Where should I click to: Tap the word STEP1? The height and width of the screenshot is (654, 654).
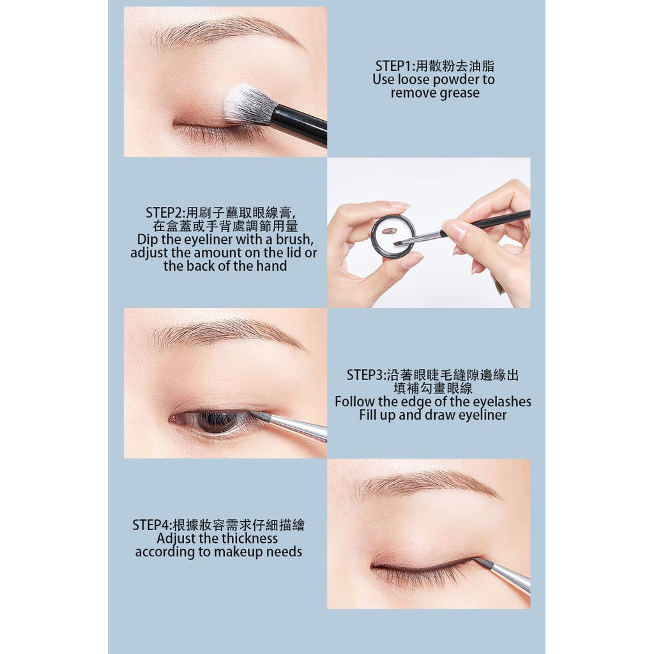tap(395, 66)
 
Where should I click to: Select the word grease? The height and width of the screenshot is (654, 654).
tap(457, 93)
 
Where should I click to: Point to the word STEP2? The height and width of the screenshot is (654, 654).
tap(165, 213)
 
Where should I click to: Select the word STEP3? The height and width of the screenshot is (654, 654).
tap(366, 375)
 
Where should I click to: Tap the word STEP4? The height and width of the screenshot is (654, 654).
tap(151, 525)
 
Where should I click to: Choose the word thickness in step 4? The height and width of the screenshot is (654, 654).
tap(250, 538)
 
